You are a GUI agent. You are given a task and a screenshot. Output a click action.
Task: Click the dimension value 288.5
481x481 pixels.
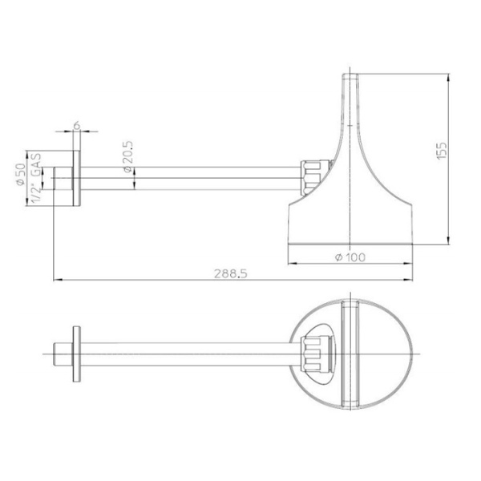[231, 273]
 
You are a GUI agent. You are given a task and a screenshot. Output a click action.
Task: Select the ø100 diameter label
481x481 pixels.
[350, 256]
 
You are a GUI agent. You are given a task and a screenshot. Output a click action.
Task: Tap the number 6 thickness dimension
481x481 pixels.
[76, 125]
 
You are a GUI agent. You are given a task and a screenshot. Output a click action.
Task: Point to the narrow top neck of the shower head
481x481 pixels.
[350, 92]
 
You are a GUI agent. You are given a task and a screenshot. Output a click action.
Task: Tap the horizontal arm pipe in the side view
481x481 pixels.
[192, 177]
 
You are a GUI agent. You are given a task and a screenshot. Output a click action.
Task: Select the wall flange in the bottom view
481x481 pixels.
[76, 352]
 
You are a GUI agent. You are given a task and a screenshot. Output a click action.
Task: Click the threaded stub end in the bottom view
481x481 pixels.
[61, 352]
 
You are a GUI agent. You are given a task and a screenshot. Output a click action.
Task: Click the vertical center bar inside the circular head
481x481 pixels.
[350, 352]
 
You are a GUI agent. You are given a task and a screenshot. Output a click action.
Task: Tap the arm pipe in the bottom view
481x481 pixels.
[192, 352]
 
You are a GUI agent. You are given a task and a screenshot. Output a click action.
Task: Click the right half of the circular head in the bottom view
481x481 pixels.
[385, 352]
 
